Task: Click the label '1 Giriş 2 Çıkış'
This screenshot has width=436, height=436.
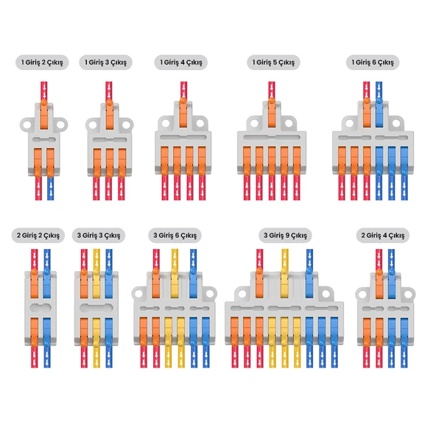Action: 42,63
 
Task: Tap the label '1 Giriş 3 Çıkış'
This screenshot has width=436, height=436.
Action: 105,63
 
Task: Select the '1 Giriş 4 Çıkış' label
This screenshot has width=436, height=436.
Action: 180,63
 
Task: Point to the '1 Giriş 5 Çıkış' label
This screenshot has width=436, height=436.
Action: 273,63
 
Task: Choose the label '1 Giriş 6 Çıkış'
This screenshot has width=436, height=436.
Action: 373,63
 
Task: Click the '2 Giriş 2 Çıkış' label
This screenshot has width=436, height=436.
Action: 38,236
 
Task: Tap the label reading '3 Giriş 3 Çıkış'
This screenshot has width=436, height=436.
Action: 99,236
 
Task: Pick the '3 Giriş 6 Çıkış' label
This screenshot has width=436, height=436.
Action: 175,236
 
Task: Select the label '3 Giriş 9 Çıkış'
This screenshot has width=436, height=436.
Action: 285,236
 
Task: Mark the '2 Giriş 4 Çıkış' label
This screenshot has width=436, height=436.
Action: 383,236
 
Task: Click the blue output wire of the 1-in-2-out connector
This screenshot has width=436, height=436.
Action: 50,189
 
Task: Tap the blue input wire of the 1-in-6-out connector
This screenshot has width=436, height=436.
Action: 379,91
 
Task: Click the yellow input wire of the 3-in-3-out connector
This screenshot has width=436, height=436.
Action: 96,259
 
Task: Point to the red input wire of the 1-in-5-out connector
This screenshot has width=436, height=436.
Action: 272,90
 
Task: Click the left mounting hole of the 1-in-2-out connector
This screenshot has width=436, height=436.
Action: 27,124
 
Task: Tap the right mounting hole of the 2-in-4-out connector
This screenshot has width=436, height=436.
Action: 407,295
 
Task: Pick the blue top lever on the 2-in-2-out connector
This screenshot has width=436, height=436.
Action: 46,284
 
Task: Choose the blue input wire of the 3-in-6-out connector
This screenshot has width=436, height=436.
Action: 193,259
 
